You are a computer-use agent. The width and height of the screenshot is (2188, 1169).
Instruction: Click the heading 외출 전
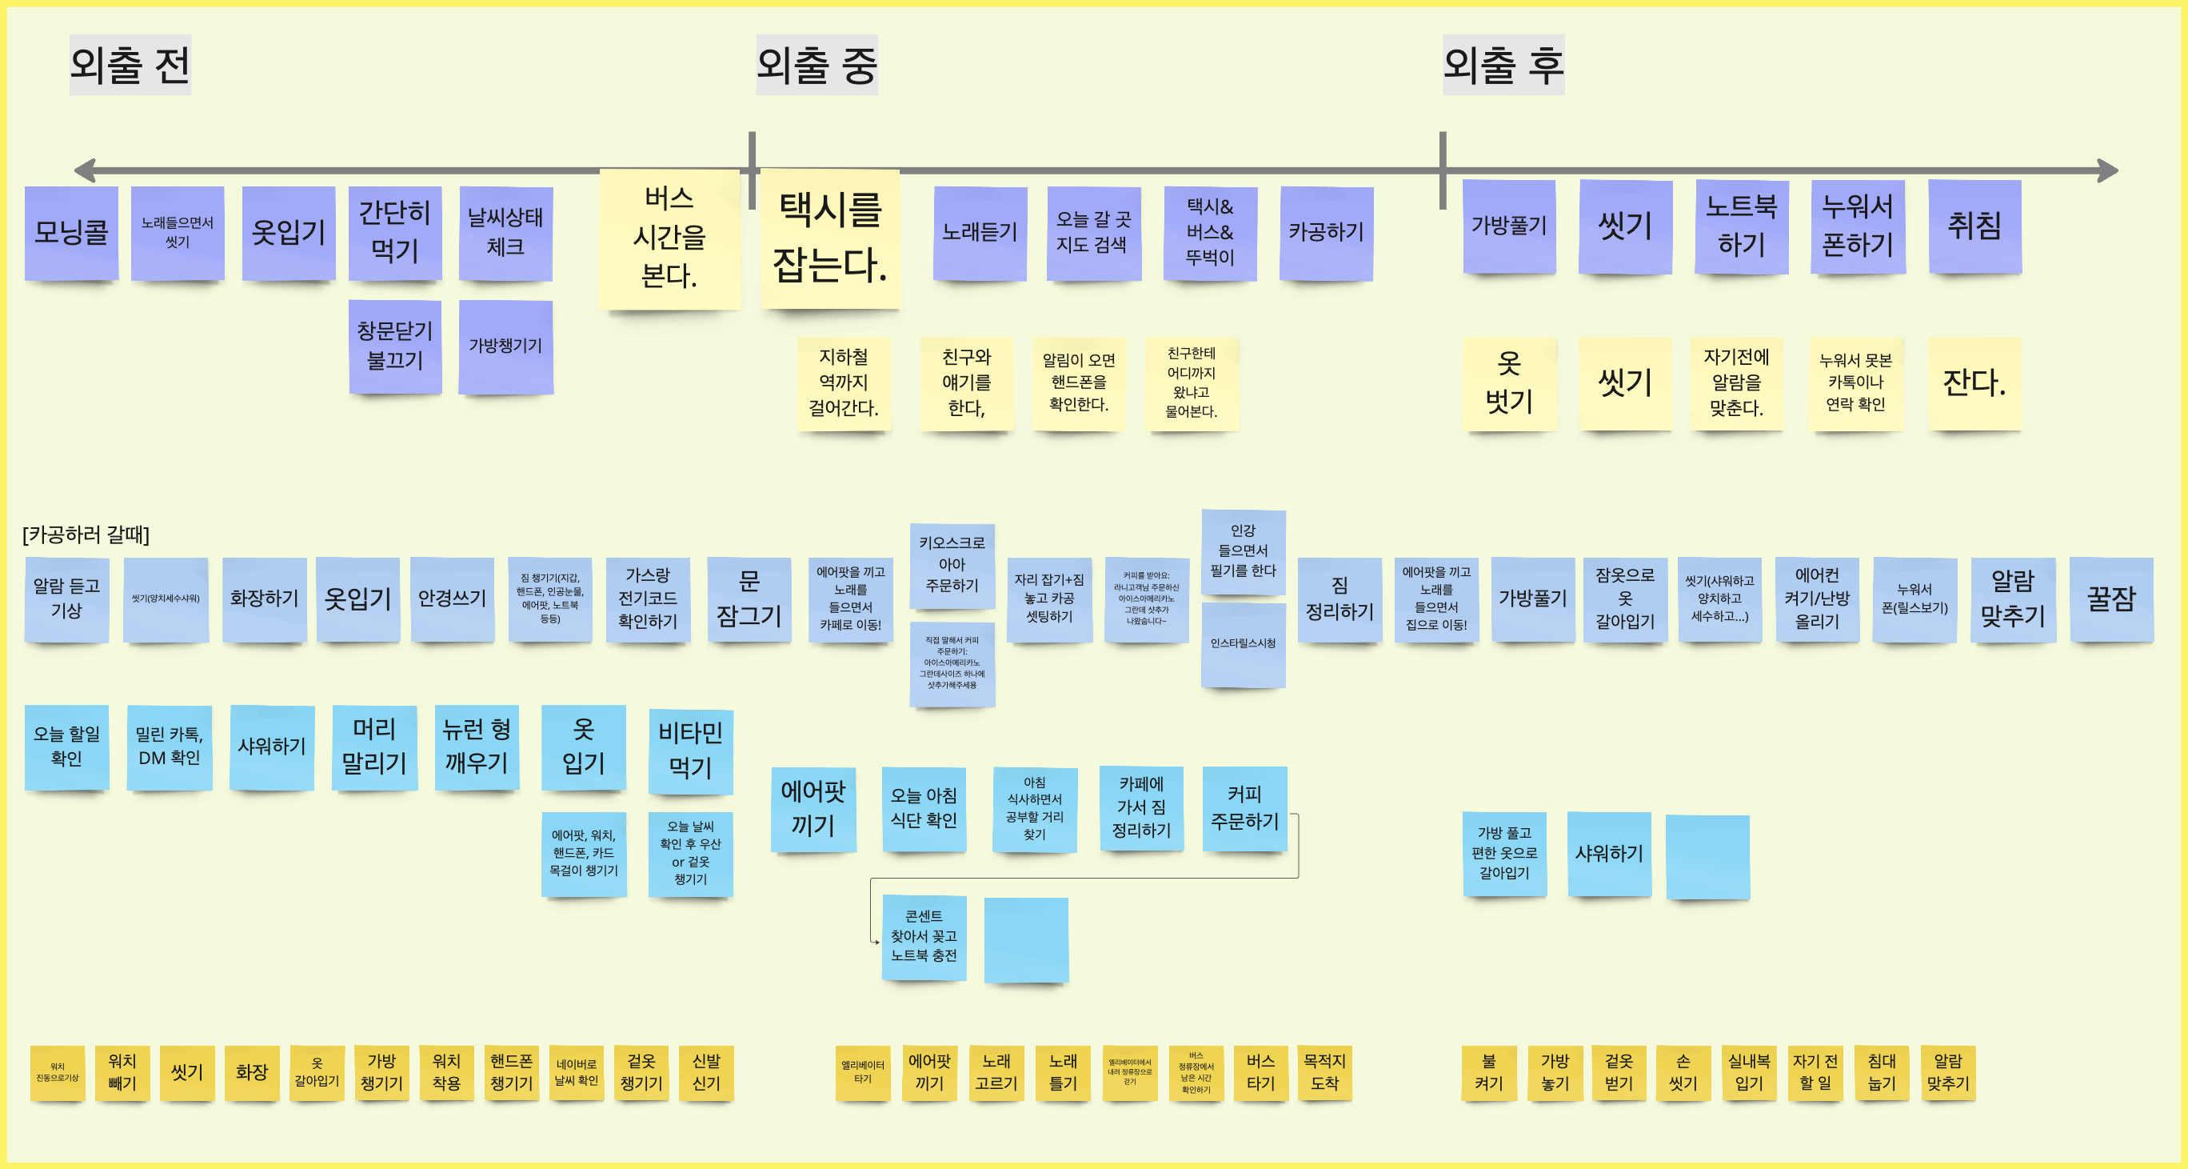(x=130, y=65)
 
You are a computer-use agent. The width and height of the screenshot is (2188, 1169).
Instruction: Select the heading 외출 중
(x=817, y=65)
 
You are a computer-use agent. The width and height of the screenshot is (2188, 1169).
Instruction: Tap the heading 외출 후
(x=1503, y=65)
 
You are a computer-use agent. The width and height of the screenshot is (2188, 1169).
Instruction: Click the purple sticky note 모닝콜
(x=71, y=232)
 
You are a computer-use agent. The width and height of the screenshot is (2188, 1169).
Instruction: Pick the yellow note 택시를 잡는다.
(x=830, y=238)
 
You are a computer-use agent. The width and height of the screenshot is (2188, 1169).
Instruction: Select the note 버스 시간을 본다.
(x=669, y=238)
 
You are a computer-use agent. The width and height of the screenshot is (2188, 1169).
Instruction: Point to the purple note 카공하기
(x=1326, y=232)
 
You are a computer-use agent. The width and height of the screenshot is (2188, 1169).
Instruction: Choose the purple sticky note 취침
(x=1974, y=226)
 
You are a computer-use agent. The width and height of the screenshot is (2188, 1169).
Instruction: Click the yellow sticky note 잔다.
(x=1974, y=383)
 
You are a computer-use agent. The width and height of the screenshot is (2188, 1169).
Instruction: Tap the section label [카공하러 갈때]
(x=86, y=534)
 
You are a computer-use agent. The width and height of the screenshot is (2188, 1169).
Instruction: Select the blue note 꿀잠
(x=2110, y=599)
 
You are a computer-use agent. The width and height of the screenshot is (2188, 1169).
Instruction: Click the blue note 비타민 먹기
(x=690, y=751)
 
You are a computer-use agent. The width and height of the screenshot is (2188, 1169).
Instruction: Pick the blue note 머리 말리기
(x=373, y=747)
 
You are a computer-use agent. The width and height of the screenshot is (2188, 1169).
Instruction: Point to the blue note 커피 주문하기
(x=1244, y=808)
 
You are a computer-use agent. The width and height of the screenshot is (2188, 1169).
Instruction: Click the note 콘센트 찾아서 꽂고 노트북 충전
(x=924, y=936)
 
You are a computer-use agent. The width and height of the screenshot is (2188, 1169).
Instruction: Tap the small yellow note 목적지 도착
(x=1324, y=1072)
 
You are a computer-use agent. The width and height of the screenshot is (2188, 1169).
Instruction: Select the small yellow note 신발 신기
(x=706, y=1072)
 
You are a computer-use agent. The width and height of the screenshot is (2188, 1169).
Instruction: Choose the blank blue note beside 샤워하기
(x=1707, y=856)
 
